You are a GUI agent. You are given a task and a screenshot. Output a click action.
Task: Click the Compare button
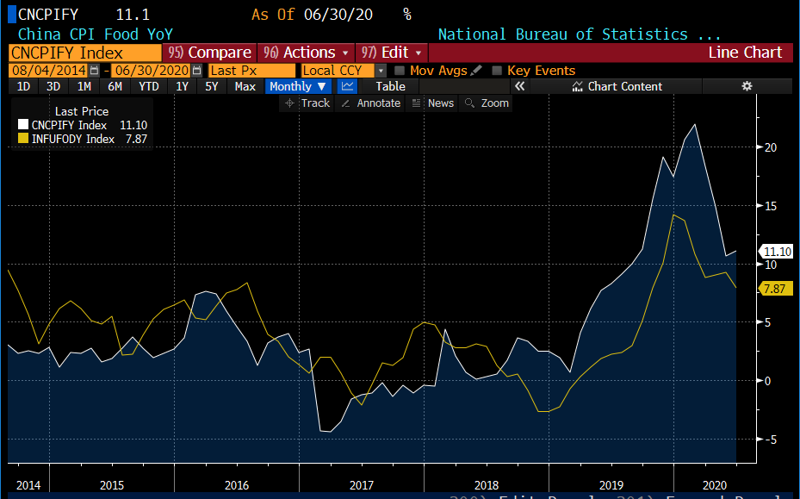pyautogui.click(x=210, y=53)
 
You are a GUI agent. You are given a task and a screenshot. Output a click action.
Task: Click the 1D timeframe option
pyautogui.click(x=24, y=86)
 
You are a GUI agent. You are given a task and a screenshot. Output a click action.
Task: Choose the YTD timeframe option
pyautogui.click(x=149, y=86)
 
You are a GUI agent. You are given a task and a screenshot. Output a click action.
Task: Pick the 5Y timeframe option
pyautogui.click(x=211, y=86)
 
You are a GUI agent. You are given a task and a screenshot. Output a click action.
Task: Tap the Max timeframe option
pyautogui.click(x=245, y=86)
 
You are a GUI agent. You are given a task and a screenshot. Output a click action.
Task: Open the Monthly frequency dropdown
pyautogui.click(x=298, y=86)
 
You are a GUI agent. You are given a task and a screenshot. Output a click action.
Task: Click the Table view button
pyautogui.click(x=390, y=86)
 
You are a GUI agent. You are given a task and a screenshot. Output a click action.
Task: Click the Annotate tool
pyautogui.click(x=371, y=103)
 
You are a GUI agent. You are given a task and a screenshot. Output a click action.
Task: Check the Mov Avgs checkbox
pyautogui.click(x=400, y=71)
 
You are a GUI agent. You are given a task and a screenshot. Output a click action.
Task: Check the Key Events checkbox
pyautogui.click(x=497, y=71)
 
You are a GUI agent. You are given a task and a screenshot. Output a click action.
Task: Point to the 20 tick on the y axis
pyautogui.click(x=771, y=147)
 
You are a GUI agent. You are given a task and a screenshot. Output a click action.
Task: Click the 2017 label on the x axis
pyautogui.click(x=361, y=484)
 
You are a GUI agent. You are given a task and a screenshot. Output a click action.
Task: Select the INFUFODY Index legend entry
pyautogui.click(x=72, y=139)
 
